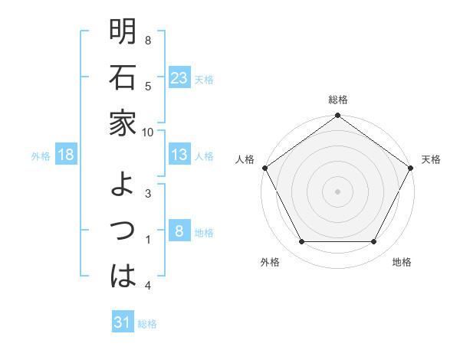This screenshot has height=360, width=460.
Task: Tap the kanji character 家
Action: [x=123, y=123]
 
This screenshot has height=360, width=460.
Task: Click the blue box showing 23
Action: [x=179, y=78]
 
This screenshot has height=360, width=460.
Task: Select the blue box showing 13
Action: [x=179, y=155]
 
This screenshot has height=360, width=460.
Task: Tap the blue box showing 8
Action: [x=179, y=231]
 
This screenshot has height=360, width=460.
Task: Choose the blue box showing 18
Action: [x=66, y=155]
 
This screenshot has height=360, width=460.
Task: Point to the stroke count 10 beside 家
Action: [x=148, y=132]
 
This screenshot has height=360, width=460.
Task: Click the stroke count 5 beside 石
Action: [x=148, y=87]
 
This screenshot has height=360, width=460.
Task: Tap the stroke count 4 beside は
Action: [x=148, y=286]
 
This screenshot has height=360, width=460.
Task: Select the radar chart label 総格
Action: [x=337, y=100]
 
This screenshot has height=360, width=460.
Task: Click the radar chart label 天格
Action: [x=432, y=159]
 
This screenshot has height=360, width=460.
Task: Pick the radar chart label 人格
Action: [x=245, y=159]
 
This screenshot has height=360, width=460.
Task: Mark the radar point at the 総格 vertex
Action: [x=337, y=116]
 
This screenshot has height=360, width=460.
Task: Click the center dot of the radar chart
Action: [x=337, y=191]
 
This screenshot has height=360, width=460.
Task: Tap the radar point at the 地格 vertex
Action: [x=374, y=242]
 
